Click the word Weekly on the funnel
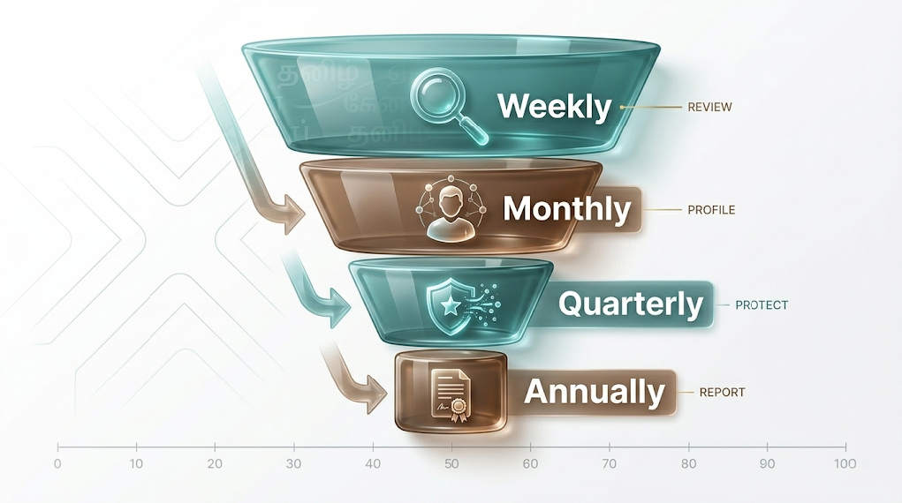(x=554, y=107)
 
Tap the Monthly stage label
(x=566, y=210)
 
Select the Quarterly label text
(x=631, y=304)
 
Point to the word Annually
(x=595, y=392)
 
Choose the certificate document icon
(x=450, y=394)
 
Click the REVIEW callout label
(x=709, y=108)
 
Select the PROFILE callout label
(x=711, y=211)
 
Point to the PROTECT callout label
(x=761, y=305)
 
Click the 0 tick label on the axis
(x=57, y=464)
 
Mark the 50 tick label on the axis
(x=451, y=464)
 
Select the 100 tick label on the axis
(x=845, y=464)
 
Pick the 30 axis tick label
(x=293, y=464)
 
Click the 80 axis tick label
(x=688, y=464)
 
